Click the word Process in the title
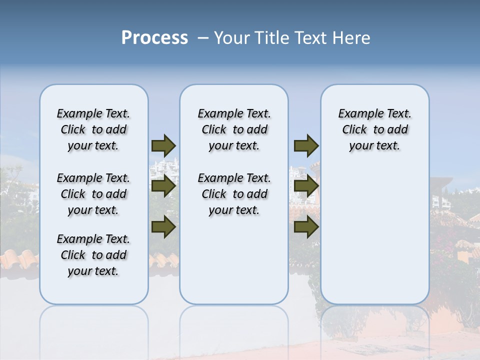coord(154,38)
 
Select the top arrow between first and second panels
coord(163,145)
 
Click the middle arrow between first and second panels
coord(163,186)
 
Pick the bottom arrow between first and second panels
coord(163,227)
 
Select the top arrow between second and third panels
coord(306,145)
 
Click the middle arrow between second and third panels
coord(306,186)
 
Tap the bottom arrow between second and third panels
coord(306,227)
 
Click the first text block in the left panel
coord(93,129)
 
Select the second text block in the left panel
coord(93,194)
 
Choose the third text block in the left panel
coord(93,255)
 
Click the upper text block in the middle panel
coord(234,129)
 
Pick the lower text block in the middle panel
coord(234,194)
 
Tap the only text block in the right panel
coord(374,129)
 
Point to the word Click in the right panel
coord(354,130)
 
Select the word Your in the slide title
coord(232,38)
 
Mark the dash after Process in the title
coord(202,38)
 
